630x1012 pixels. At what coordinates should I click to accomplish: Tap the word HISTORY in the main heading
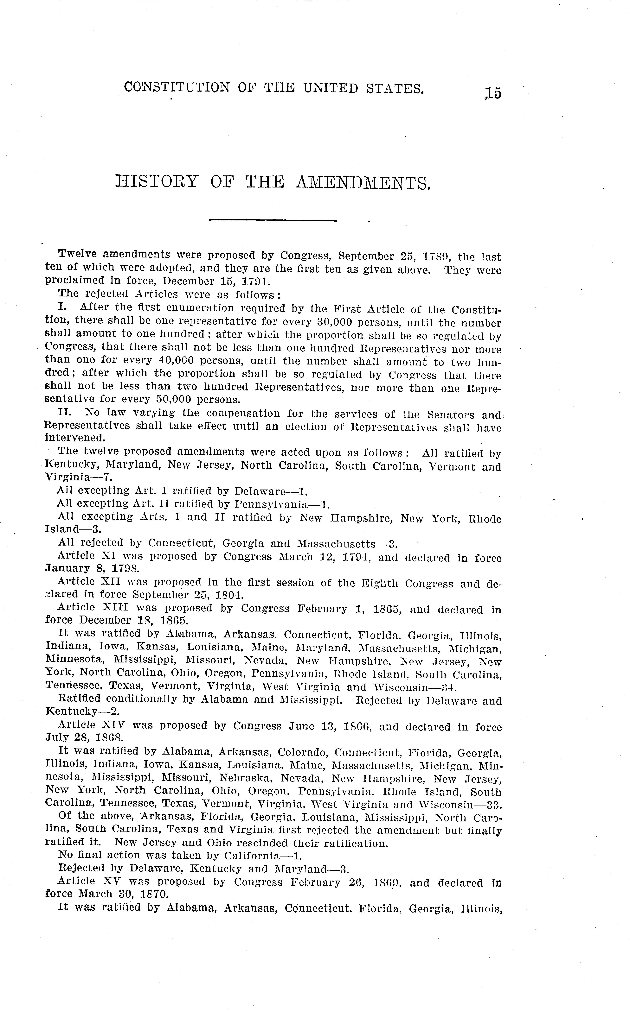point(156,182)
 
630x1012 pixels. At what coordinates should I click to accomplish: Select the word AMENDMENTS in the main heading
point(362,183)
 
